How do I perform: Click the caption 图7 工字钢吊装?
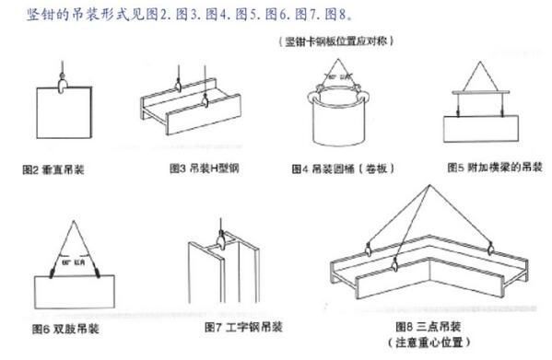pyautogui.click(x=243, y=327)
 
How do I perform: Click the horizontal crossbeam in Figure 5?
pyautogui.click(x=484, y=92)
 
